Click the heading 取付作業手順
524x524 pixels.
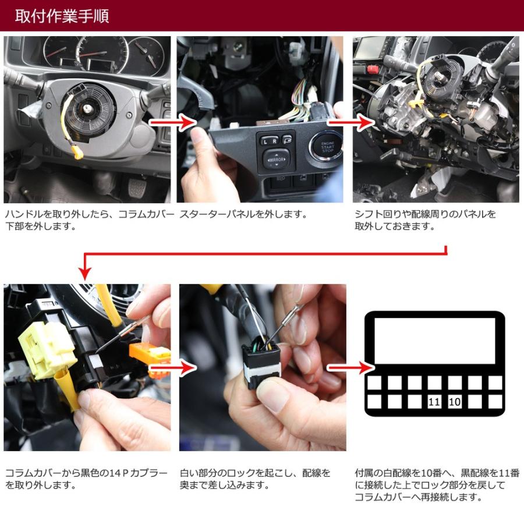click(62, 16)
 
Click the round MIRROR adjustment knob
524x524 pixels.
click(276, 160)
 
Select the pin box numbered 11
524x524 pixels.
click(434, 401)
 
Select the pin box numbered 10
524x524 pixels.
click(455, 401)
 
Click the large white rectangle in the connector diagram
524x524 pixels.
click(434, 341)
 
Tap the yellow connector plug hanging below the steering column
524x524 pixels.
click(77, 153)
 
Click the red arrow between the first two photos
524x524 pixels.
click(172, 122)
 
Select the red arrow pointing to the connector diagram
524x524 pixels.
click(351, 367)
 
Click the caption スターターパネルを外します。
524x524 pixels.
click(243, 214)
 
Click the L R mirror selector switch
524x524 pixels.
click(270, 140)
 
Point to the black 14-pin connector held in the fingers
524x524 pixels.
click(261, 365)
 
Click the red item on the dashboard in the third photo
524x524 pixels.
click(372, 69)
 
